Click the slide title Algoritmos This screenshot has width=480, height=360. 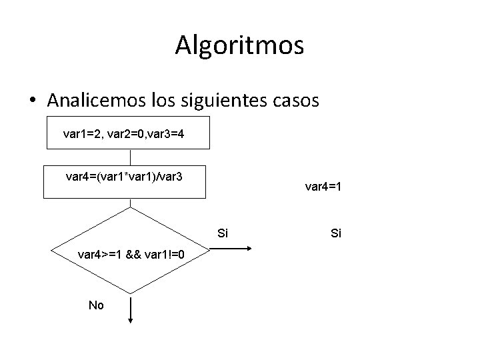tap(240, 45)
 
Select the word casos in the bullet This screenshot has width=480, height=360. tap(293, 100)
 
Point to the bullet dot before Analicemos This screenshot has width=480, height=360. tap(32, 101)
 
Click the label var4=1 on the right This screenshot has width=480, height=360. tap(323, 187)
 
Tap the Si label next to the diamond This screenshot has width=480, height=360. tap(223, 233)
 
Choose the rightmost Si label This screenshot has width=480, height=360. tap(336, 233)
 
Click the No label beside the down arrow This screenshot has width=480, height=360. tap(96, 305)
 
